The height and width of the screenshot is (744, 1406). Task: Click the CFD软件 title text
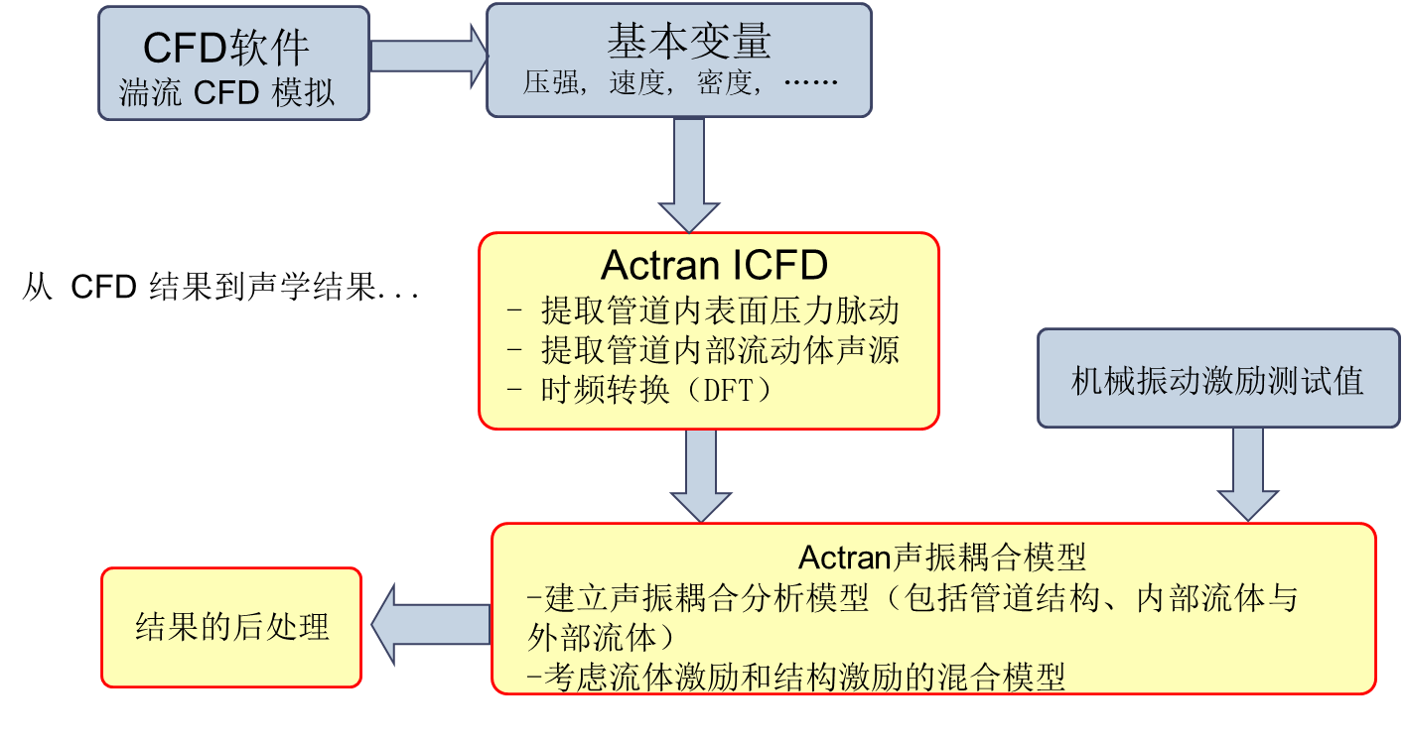pyautogui.click(x=227, y=46)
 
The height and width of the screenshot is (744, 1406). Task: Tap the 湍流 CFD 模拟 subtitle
pyautogui.click(x=227, y=92)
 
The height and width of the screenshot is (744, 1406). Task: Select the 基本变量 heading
pyautogui.click(x=688, y=41)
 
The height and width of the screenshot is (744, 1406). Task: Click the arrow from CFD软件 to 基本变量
pyautogui.click(x=427, y=56)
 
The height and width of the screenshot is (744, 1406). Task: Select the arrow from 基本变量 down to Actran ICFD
pyautogui.click(x=688, y=175)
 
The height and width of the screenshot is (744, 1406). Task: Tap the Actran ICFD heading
pyautogui.click(x=714, y=265)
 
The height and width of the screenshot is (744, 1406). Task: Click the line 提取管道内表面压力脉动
pyautogui.click(x=720, y=311)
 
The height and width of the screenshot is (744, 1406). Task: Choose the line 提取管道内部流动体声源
pyautogui.click(x=720, y=350)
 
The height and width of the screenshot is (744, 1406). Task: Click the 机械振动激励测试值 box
pyautogui.click(x=1218, y=380)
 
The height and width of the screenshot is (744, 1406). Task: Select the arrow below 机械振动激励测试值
pyautogui.click(x=1247, y=473)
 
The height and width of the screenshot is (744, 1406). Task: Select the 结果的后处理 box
pyautogui.click(x=231, y=627)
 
